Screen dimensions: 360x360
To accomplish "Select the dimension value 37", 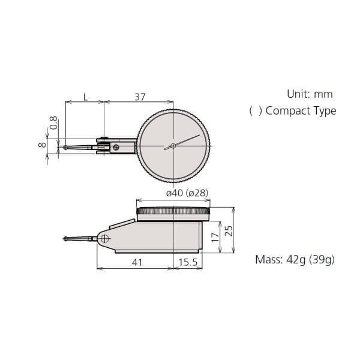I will click(x=139, y=97).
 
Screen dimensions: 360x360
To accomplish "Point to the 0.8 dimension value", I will click(x=53, y=123).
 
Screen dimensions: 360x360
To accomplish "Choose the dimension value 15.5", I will click(x=188, y=263).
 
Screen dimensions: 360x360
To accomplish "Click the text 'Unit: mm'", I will click(x=309, y=94).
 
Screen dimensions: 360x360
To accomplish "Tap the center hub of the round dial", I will click(x=173, y=146).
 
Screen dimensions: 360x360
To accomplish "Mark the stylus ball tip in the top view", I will click(x=65, y=146).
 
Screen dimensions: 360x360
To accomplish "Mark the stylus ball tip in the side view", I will click(x=65, y=239).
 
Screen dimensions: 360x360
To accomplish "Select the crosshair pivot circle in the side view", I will click(x=106, y=239).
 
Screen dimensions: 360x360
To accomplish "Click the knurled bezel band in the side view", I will click(x=174, y=211).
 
